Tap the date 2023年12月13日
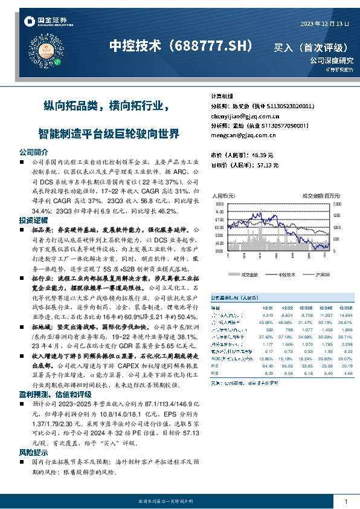tap(325, 24)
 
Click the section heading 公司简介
tap(33, 152)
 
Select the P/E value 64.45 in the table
tap(268, 366)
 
